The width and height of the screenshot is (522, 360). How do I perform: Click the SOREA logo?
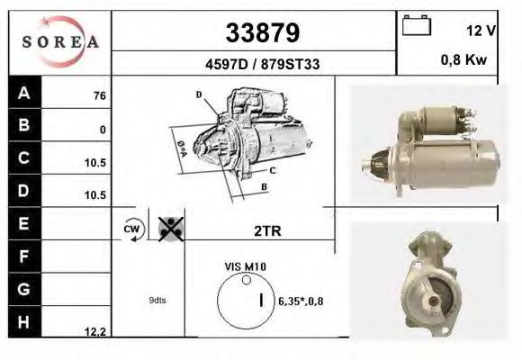pyautogui.click(x=59, y=41)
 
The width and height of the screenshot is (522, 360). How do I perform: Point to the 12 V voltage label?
pyautogui.click(x=481, y=31)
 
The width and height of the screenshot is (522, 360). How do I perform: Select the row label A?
pyautogui.click(x=23, y=94)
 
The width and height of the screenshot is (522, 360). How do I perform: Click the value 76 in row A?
pyautogui.click(x=100, y=96)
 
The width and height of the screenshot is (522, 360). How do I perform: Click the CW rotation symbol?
pyautogui.click(x=132, y=229)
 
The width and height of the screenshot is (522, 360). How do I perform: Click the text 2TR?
pyautogui.click(x=267, y=230)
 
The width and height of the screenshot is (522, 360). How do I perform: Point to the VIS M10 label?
pyautogui.click(x=244, y=267)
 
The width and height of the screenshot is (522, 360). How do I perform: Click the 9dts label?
pyautogui.click(x=157, y=301)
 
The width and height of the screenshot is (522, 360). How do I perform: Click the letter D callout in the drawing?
pyautogui.click(x=198, y=94)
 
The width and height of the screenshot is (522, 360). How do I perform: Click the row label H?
pyautogui.click(x=23, y=321)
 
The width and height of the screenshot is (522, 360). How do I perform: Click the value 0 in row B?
pyautogui.click(x=103, y=130)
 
